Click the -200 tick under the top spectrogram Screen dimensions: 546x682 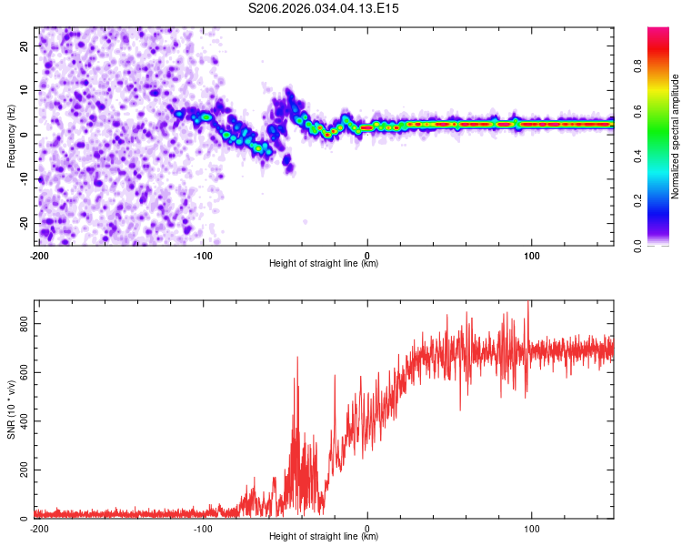coord(38,255)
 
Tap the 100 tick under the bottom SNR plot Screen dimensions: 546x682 coord(532,529)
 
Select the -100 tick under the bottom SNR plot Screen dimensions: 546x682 coord(202,529)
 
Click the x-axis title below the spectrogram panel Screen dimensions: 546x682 coord(324,264)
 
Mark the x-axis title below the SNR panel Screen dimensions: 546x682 coord(324,537)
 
